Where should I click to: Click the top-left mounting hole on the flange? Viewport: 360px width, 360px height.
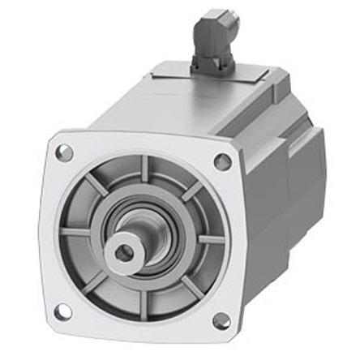tap(64, 152)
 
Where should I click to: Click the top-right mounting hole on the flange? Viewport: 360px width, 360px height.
tap(222, 161)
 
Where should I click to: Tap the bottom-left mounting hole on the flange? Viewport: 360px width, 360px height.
tap(62, 311)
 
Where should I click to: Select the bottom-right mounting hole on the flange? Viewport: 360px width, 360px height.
tap(221, 321)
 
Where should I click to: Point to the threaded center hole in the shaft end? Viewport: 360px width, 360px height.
tap(124, 254)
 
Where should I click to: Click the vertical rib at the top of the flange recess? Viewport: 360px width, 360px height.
tap(141, 171)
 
